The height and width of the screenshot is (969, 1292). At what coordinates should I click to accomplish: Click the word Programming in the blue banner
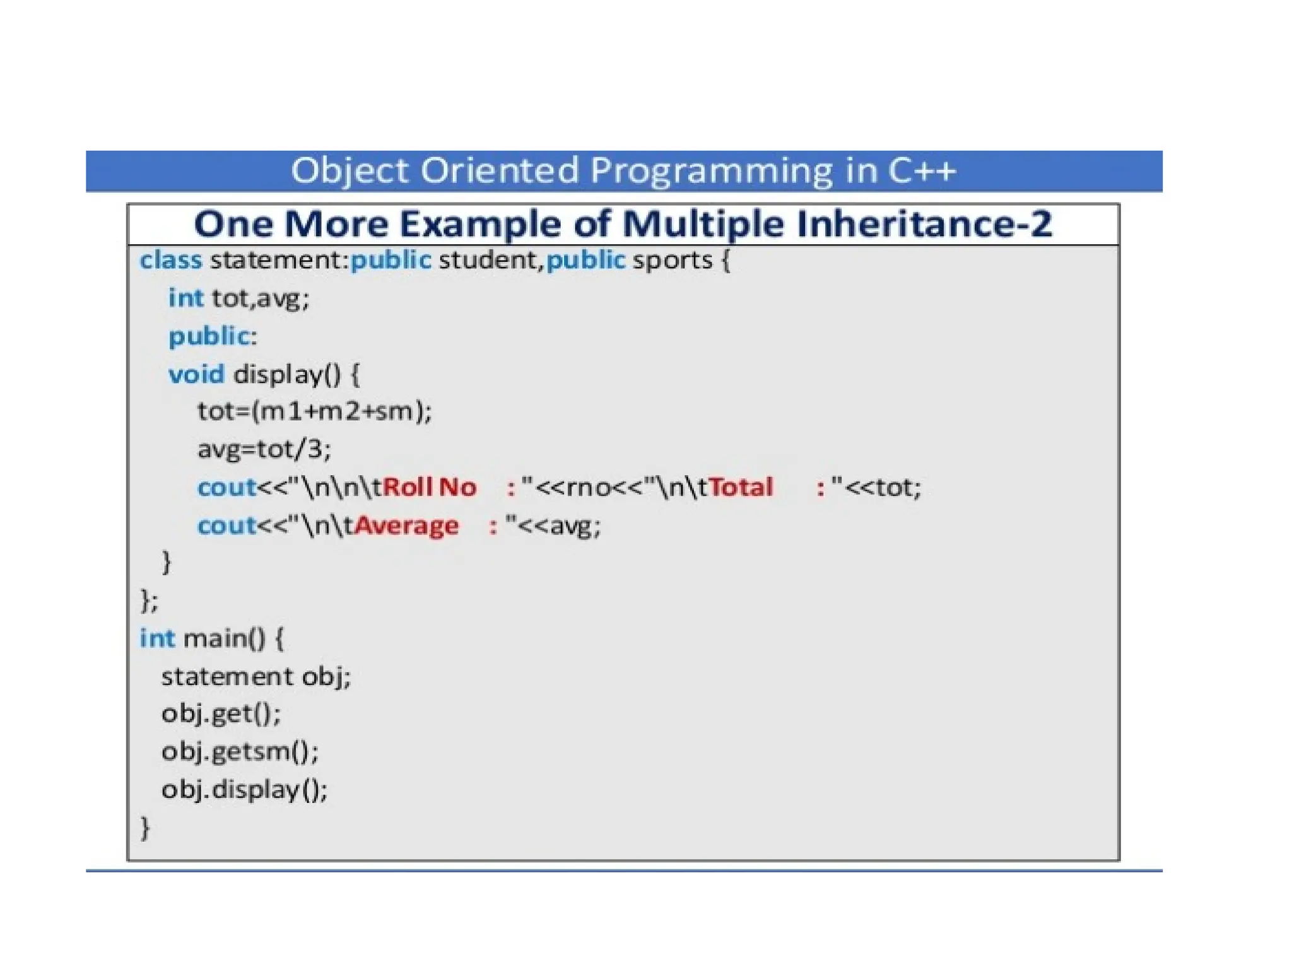711,171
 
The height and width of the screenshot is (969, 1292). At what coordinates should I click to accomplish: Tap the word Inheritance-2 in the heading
924,224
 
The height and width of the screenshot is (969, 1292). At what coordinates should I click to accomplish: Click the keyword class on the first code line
170,260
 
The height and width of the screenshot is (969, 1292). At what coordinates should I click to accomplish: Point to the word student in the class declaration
490,260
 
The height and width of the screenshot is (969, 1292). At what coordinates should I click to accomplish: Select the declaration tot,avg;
261,298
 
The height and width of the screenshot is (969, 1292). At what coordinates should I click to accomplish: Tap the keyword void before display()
196,374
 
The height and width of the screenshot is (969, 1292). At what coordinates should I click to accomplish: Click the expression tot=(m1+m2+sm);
314,411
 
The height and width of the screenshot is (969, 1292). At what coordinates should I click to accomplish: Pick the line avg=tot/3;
264,449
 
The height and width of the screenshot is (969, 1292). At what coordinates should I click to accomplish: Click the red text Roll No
429,487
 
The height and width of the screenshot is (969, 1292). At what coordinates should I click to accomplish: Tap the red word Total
741,487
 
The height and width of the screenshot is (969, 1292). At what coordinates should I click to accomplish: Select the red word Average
406,526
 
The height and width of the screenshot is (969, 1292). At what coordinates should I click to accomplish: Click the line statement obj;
255,677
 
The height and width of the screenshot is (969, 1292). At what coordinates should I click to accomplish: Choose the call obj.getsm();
240,751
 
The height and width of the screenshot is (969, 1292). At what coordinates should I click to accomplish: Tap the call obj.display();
244,789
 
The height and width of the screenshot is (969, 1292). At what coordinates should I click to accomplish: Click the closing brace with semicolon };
149,600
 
